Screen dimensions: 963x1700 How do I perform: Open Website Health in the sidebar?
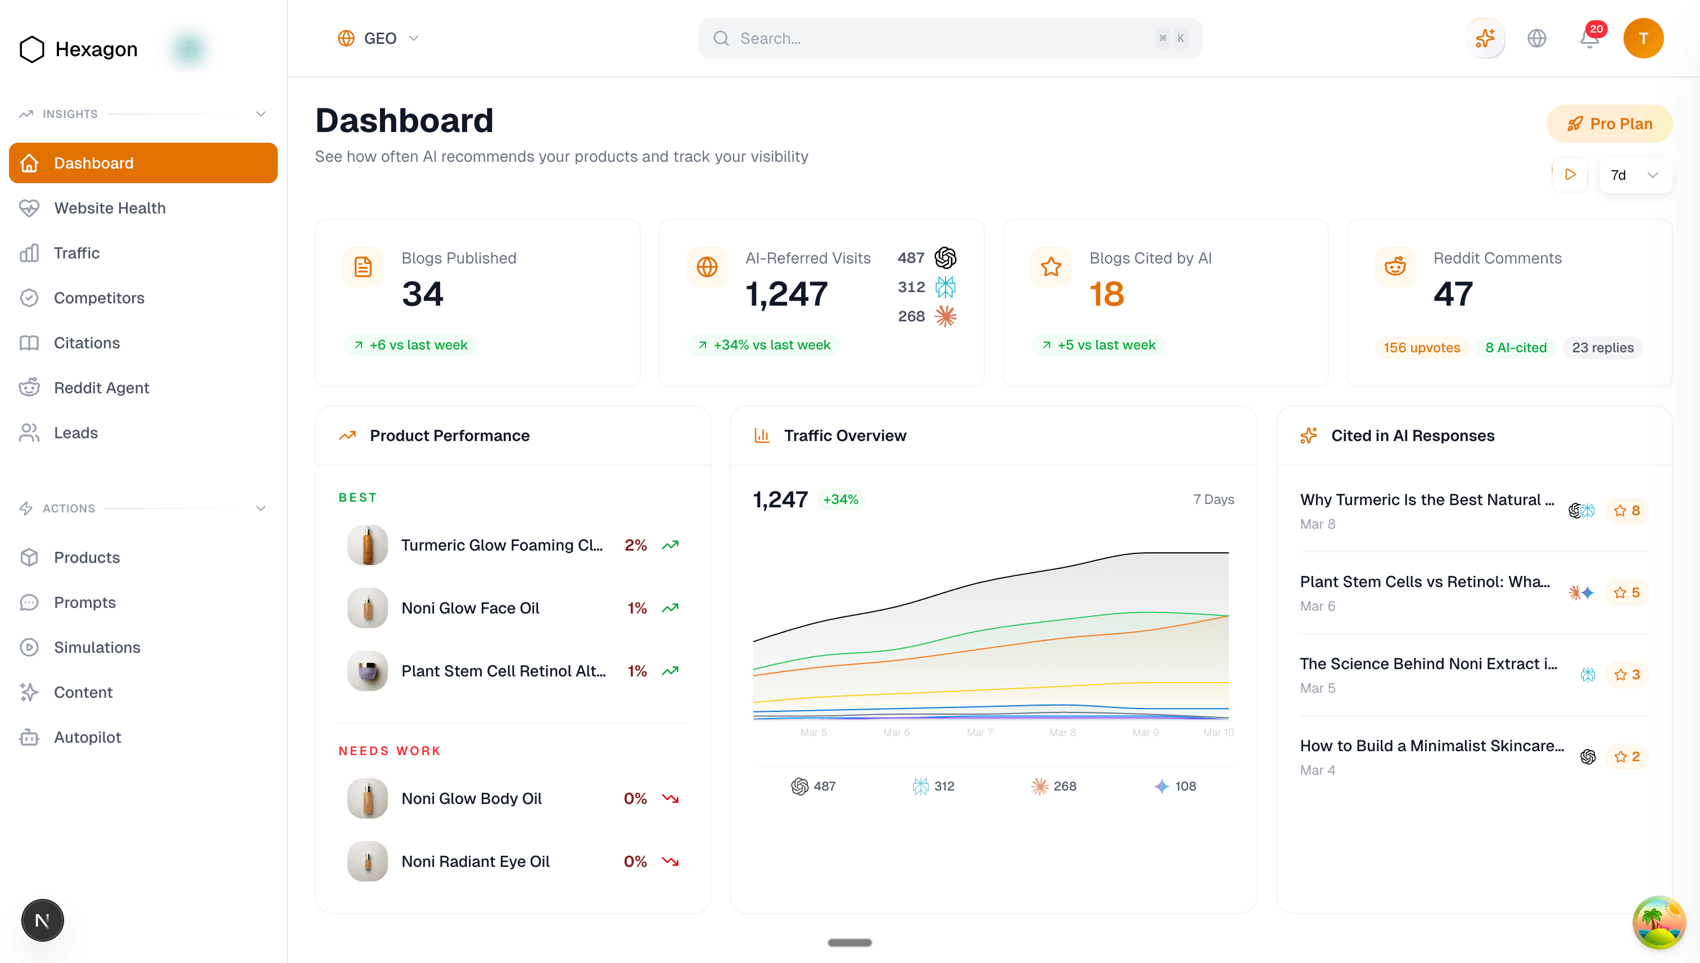pos(109,208)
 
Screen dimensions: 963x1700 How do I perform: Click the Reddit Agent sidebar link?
pos(101,388)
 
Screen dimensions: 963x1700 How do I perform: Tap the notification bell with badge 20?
pos(1589,38)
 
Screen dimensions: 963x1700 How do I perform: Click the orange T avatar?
pos(1643,38)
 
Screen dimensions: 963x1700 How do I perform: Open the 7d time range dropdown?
pos(1634,175)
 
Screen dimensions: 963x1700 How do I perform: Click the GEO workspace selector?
pos(378,38)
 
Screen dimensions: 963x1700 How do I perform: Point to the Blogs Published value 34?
pos(422,294)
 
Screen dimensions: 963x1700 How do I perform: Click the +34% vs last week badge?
pos(765,345)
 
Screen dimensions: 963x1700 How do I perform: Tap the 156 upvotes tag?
pos(1421,348)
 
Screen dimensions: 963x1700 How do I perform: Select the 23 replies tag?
pos(1602,348)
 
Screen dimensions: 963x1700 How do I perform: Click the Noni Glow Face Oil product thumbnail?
pos(367,608)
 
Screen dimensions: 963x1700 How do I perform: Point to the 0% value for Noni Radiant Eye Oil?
pos(635,861)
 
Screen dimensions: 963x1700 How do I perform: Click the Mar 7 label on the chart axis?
pos(979,732)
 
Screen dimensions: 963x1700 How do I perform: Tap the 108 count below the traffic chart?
pos(1184,786)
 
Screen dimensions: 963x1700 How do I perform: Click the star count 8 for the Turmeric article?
pos(1627,511)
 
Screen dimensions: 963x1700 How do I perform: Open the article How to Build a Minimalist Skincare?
pos(1431,746)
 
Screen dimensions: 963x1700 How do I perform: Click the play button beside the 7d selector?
pos(1570,175)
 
